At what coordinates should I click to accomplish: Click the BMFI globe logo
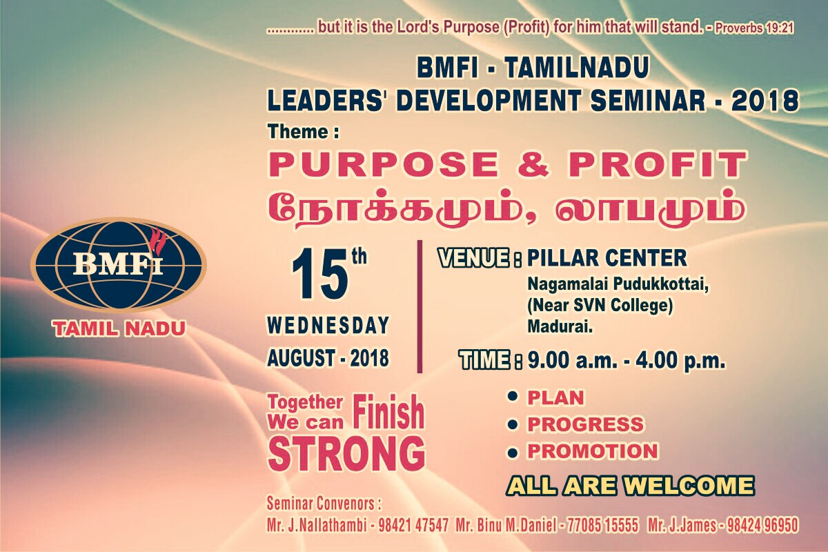tap(119, 265)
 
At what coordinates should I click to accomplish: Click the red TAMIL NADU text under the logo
tap(119, 328)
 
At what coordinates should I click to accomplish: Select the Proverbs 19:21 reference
tap(754, 28)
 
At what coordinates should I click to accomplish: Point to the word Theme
tap(298, 132)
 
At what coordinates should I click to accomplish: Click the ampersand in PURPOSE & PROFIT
tap(533, 164)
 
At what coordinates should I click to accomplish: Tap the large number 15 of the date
tap(319, 274)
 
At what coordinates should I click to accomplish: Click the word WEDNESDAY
tap(328, 326)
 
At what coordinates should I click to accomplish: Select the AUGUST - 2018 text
tap(328, 358)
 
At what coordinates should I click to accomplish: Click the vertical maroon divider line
tap(420, 306)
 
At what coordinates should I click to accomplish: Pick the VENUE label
tap(474, 257)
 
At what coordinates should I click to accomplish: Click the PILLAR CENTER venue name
tap(607, 257)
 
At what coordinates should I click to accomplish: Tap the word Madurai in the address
tap(560, 326)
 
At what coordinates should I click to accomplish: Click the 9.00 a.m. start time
tap(572, 360)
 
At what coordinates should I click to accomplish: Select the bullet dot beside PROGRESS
tap(512, 424)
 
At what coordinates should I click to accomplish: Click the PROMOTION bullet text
tap(593, 451)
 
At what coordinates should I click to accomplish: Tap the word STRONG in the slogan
tap(346, 453)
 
